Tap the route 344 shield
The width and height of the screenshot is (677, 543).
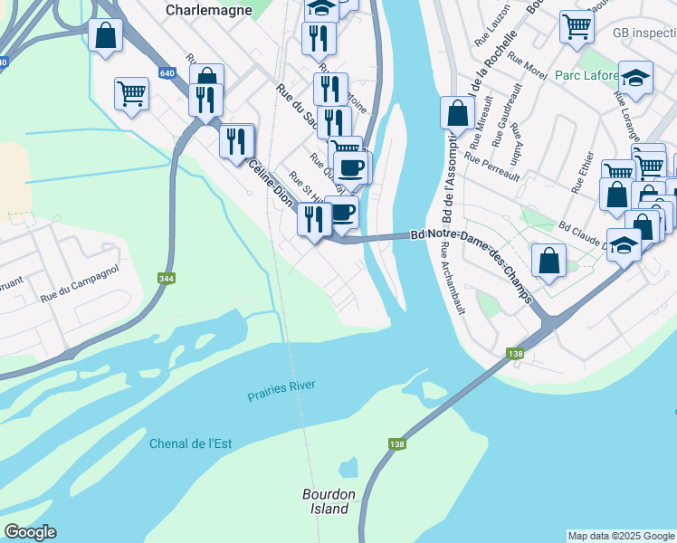pos(167,279)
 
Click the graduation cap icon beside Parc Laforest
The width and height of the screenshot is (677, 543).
pos(635,79)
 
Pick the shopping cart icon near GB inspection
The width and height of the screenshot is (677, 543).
pos(577,26)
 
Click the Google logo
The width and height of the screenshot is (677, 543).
pos(30,532)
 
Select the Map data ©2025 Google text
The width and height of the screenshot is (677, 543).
pos(620,536)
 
